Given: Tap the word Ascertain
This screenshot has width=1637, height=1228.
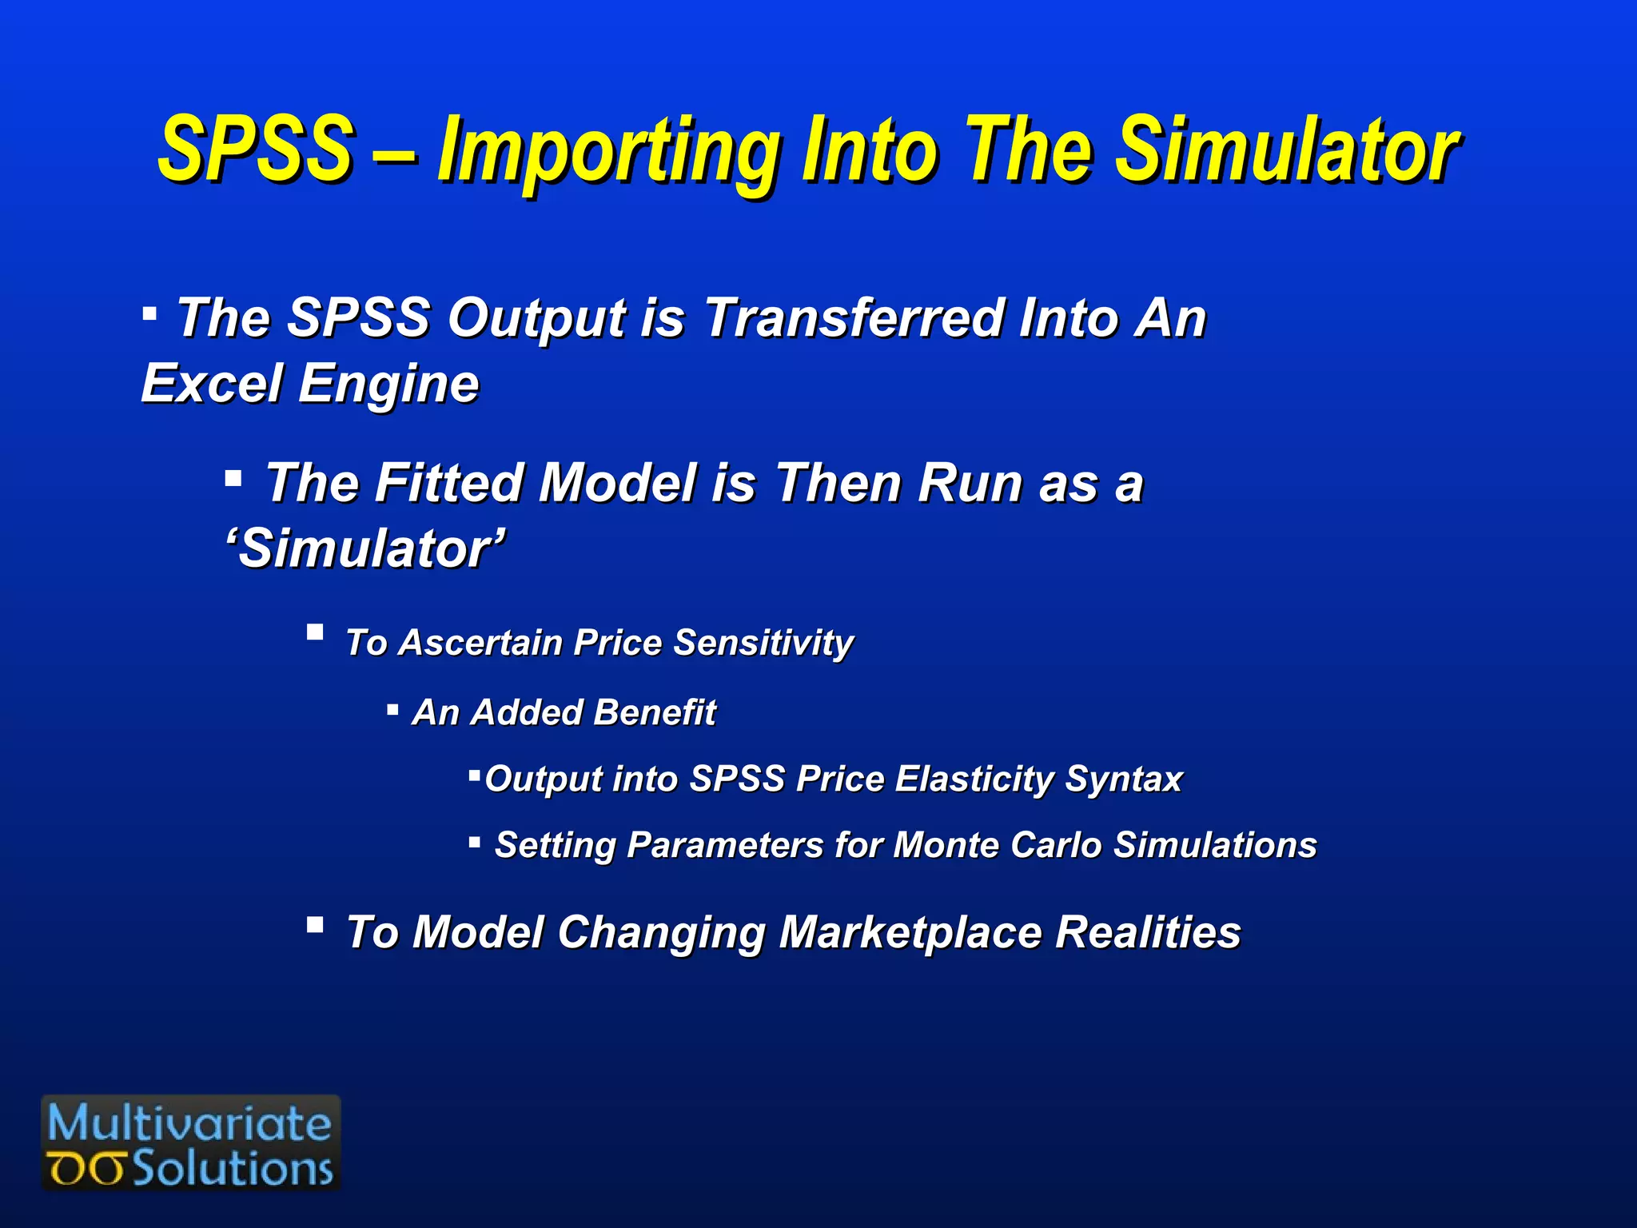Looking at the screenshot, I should point(480,643).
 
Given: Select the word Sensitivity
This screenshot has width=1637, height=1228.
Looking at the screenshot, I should point(763,643).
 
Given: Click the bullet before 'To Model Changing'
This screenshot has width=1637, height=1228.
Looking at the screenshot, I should point(315,926).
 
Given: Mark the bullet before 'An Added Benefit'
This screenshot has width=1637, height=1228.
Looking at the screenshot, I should point(392,709).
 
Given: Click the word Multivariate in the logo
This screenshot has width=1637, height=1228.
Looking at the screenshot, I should point(189,1123).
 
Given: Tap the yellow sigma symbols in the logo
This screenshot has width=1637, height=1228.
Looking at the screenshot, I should point(86,1170).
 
